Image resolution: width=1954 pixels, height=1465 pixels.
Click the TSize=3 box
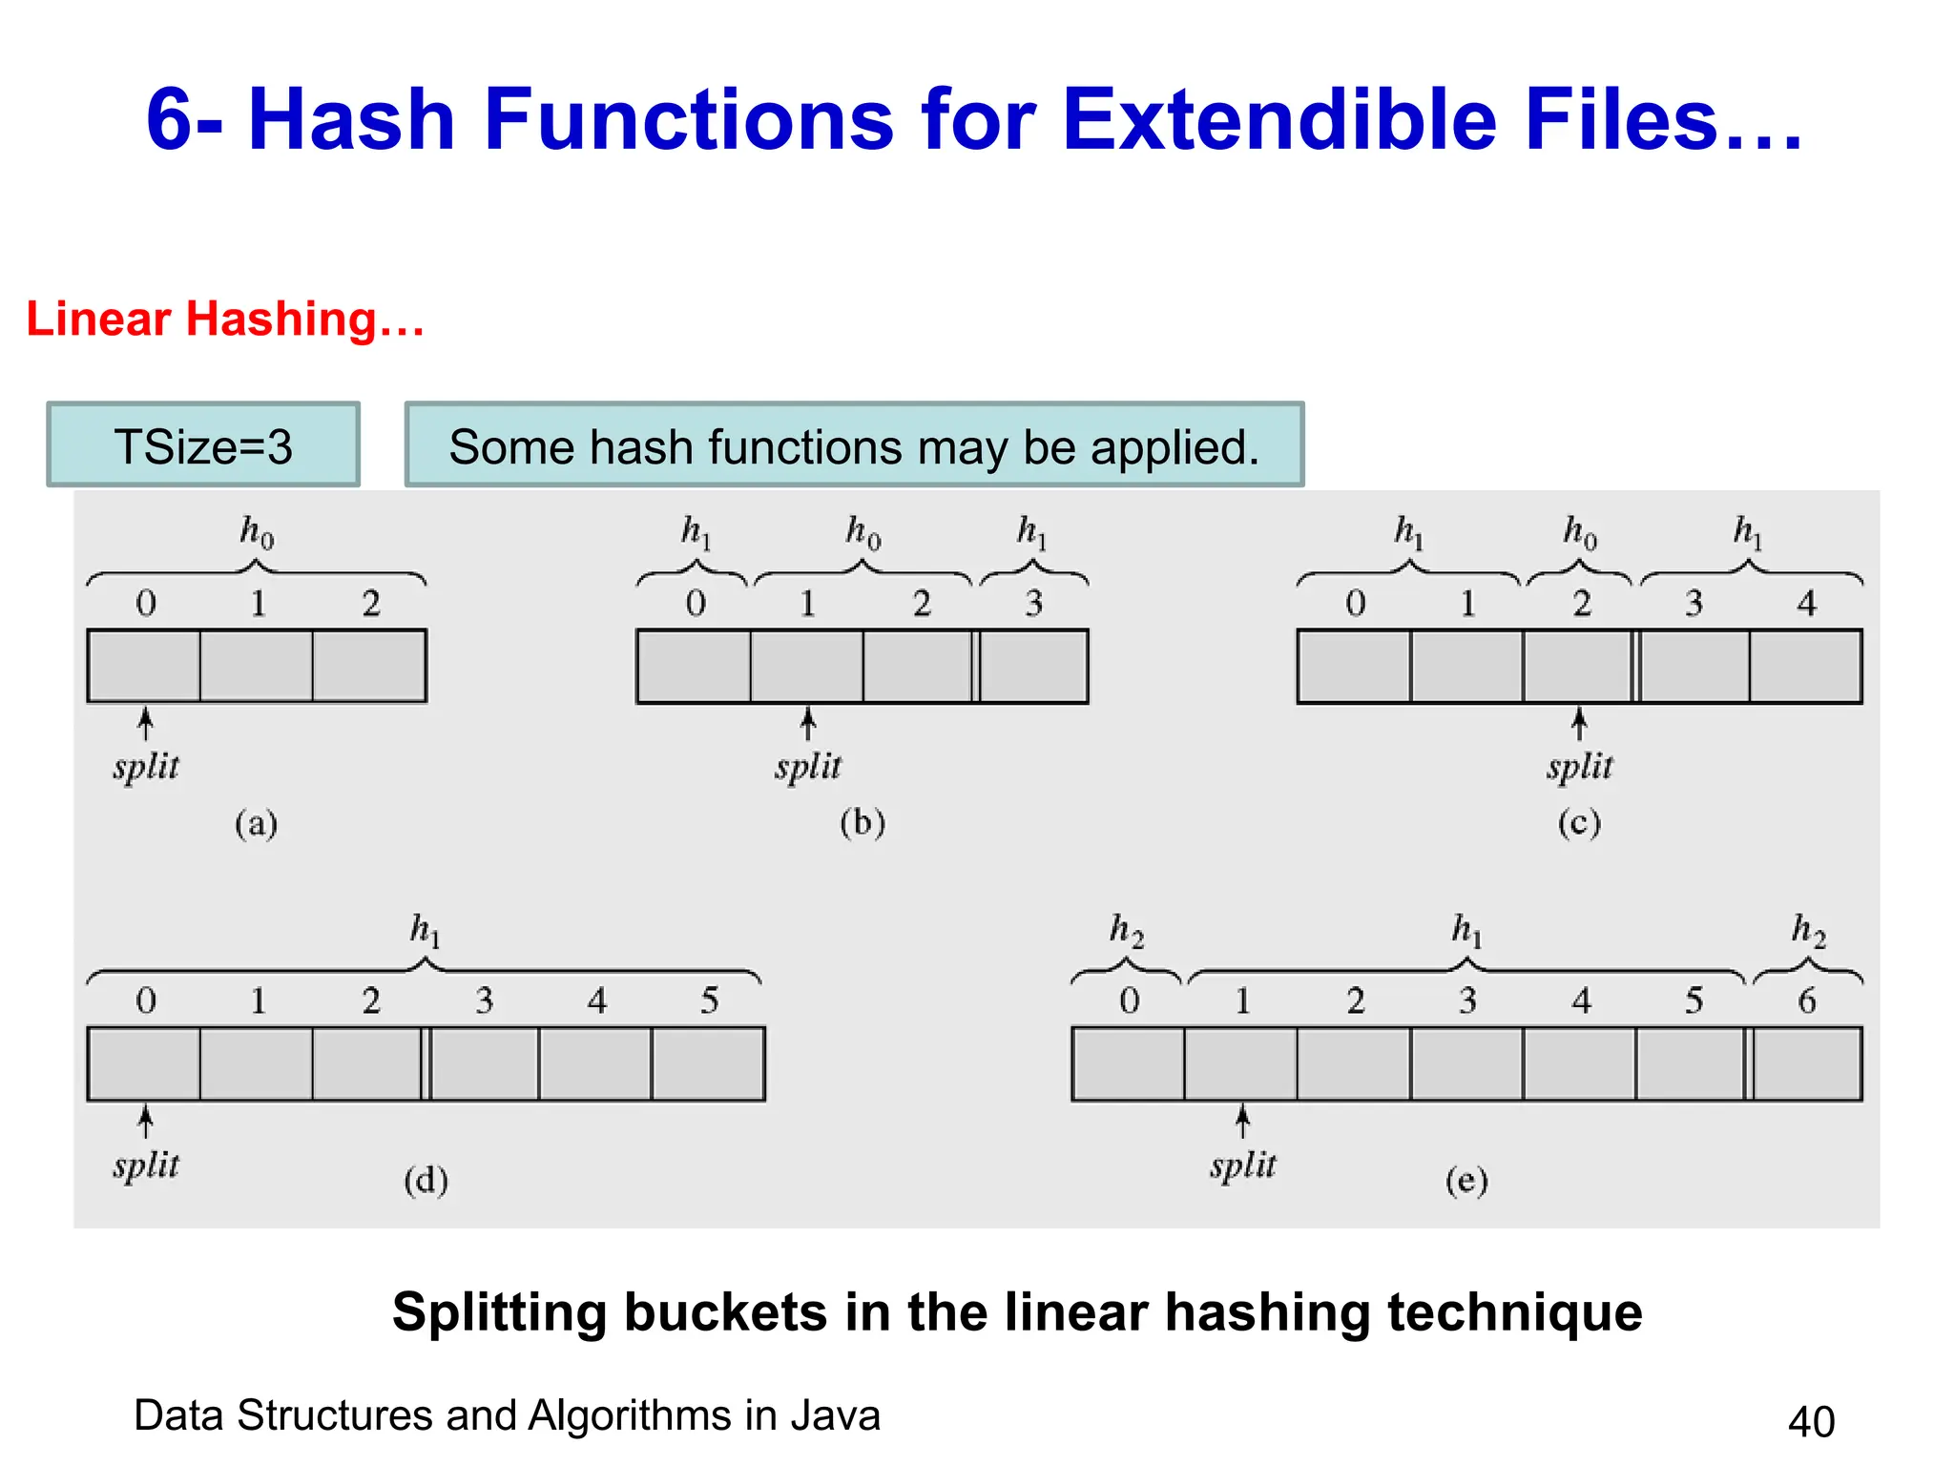pos(203,445)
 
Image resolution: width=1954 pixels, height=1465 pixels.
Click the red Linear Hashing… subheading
pos(225,319)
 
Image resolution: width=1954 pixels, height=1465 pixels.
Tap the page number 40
pos(1811,1421)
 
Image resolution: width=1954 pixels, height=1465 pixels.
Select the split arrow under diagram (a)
pos(145,724)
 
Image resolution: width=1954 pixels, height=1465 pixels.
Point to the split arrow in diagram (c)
pos(1579,724)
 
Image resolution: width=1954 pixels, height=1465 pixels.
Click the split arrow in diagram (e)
pos(1242,1122)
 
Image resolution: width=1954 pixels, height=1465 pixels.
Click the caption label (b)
pos(863,822)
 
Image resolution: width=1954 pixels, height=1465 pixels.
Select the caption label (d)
pos(426,1181)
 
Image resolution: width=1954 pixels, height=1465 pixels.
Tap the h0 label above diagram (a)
pos(256,531)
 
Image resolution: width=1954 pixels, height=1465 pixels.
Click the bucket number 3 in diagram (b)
pos(1033,603)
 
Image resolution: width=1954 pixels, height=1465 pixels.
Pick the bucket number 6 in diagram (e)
pos(1806,1001)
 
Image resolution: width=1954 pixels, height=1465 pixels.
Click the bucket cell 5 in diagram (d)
pos(709,1063)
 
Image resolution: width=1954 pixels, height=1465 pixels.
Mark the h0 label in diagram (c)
pos(1579,531)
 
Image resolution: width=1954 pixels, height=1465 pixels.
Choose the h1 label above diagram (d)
pos(425,929)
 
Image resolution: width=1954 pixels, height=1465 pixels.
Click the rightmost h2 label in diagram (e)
pos(1808,929)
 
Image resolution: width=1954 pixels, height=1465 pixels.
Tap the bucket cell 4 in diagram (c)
pos(1805,666)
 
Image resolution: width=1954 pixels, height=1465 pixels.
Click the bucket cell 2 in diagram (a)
pos(369,666)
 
